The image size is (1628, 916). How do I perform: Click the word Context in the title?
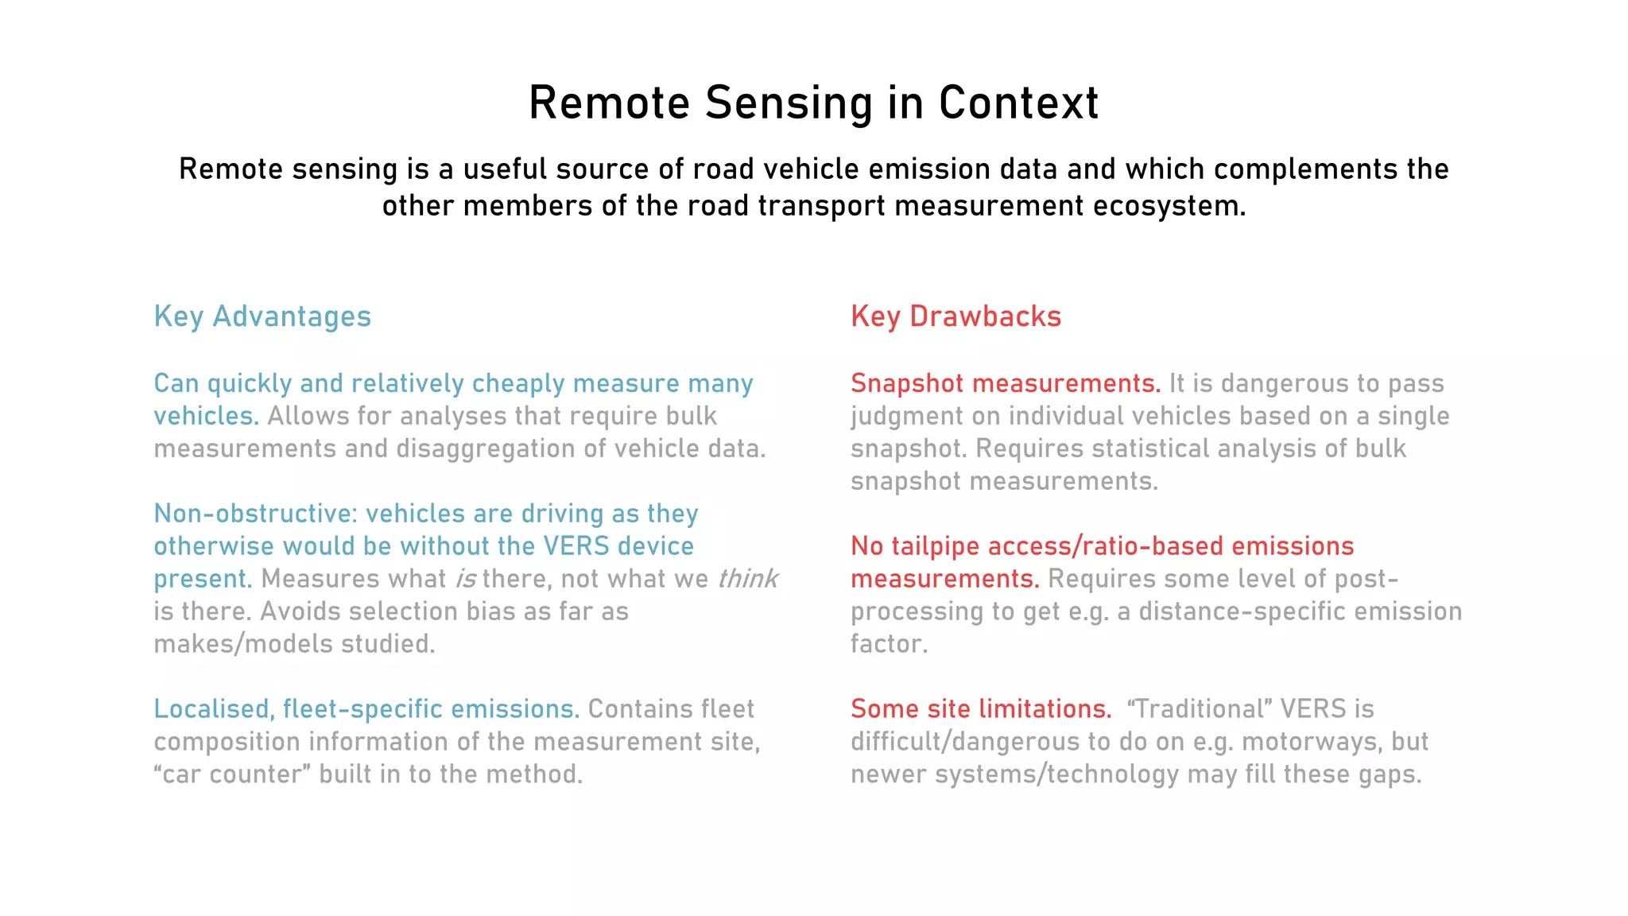click(x=1018, y=103)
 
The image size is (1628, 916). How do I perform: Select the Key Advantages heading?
click(x=262, y=316)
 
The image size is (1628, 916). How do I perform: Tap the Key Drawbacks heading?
click(x=955, y=316)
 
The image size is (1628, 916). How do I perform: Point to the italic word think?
click(x=747, y=579)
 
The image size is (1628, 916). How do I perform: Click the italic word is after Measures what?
click(x=466, y=579)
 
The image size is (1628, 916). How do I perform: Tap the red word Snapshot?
click(x=907, y=383)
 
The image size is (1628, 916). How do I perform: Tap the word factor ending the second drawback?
click(x=889, y=644)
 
